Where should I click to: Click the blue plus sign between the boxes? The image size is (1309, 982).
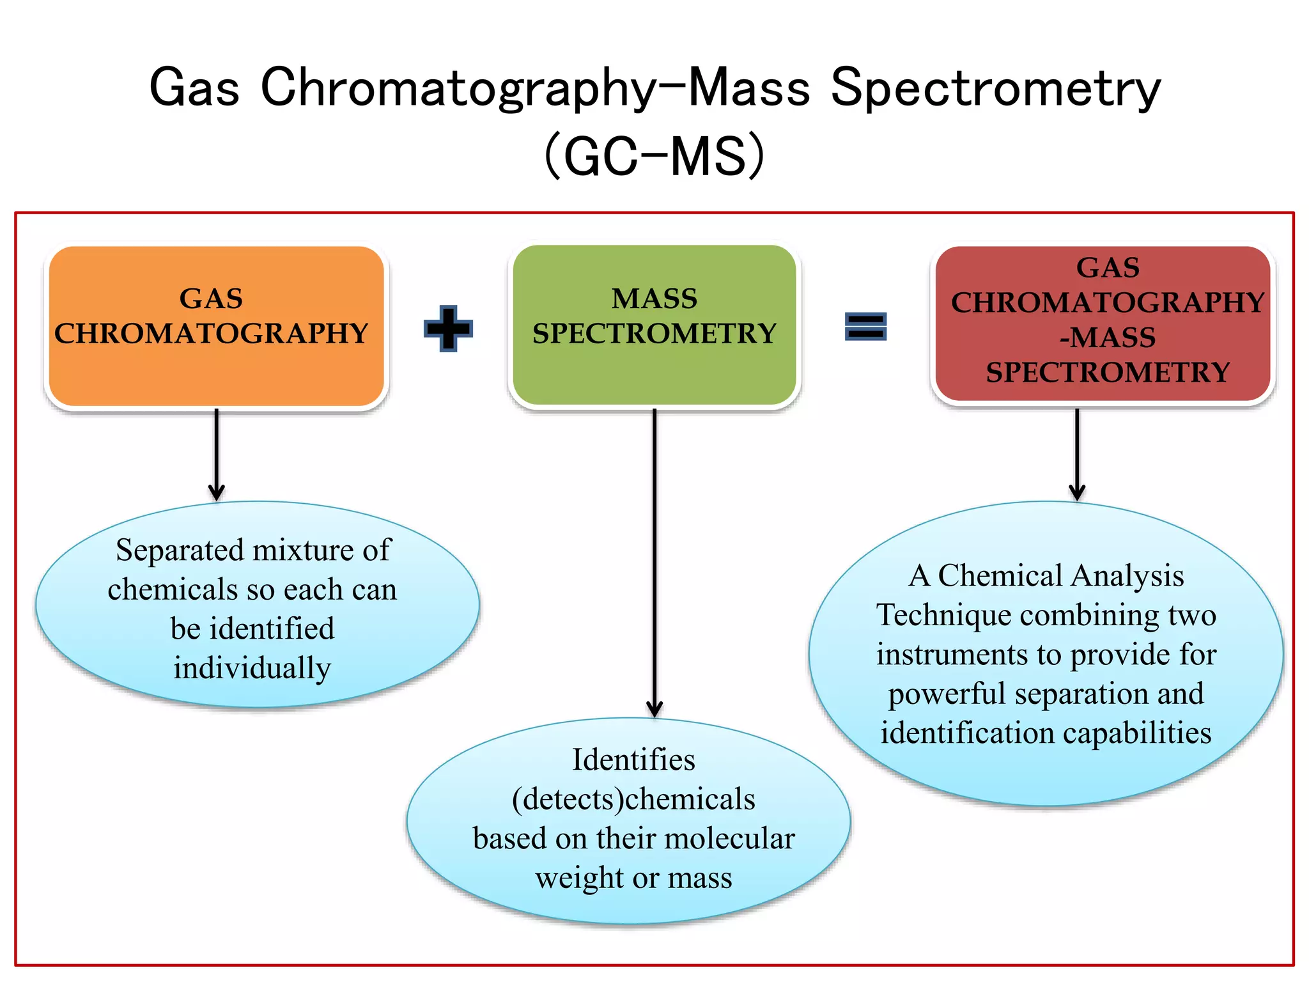click(x=448, y=328)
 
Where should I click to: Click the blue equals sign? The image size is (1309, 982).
click(x=865, y=326)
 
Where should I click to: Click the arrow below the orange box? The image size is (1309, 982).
click(x=217, y=454)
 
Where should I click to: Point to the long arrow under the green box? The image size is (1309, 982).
click(x=654, y=563)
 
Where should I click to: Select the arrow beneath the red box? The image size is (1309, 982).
click(x=1077, y=454)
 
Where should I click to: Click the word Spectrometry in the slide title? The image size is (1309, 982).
click(x=995, y=88)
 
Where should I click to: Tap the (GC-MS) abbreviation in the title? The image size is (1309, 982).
click(x=654, y=155)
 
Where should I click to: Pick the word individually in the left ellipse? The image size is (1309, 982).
click(x=252, y=668)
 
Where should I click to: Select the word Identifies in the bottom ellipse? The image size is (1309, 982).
click(x=633, y=760)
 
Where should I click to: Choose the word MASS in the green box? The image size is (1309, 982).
click(x=654, y=299)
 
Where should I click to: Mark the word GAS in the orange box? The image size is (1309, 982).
click(x=211, y=299)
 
